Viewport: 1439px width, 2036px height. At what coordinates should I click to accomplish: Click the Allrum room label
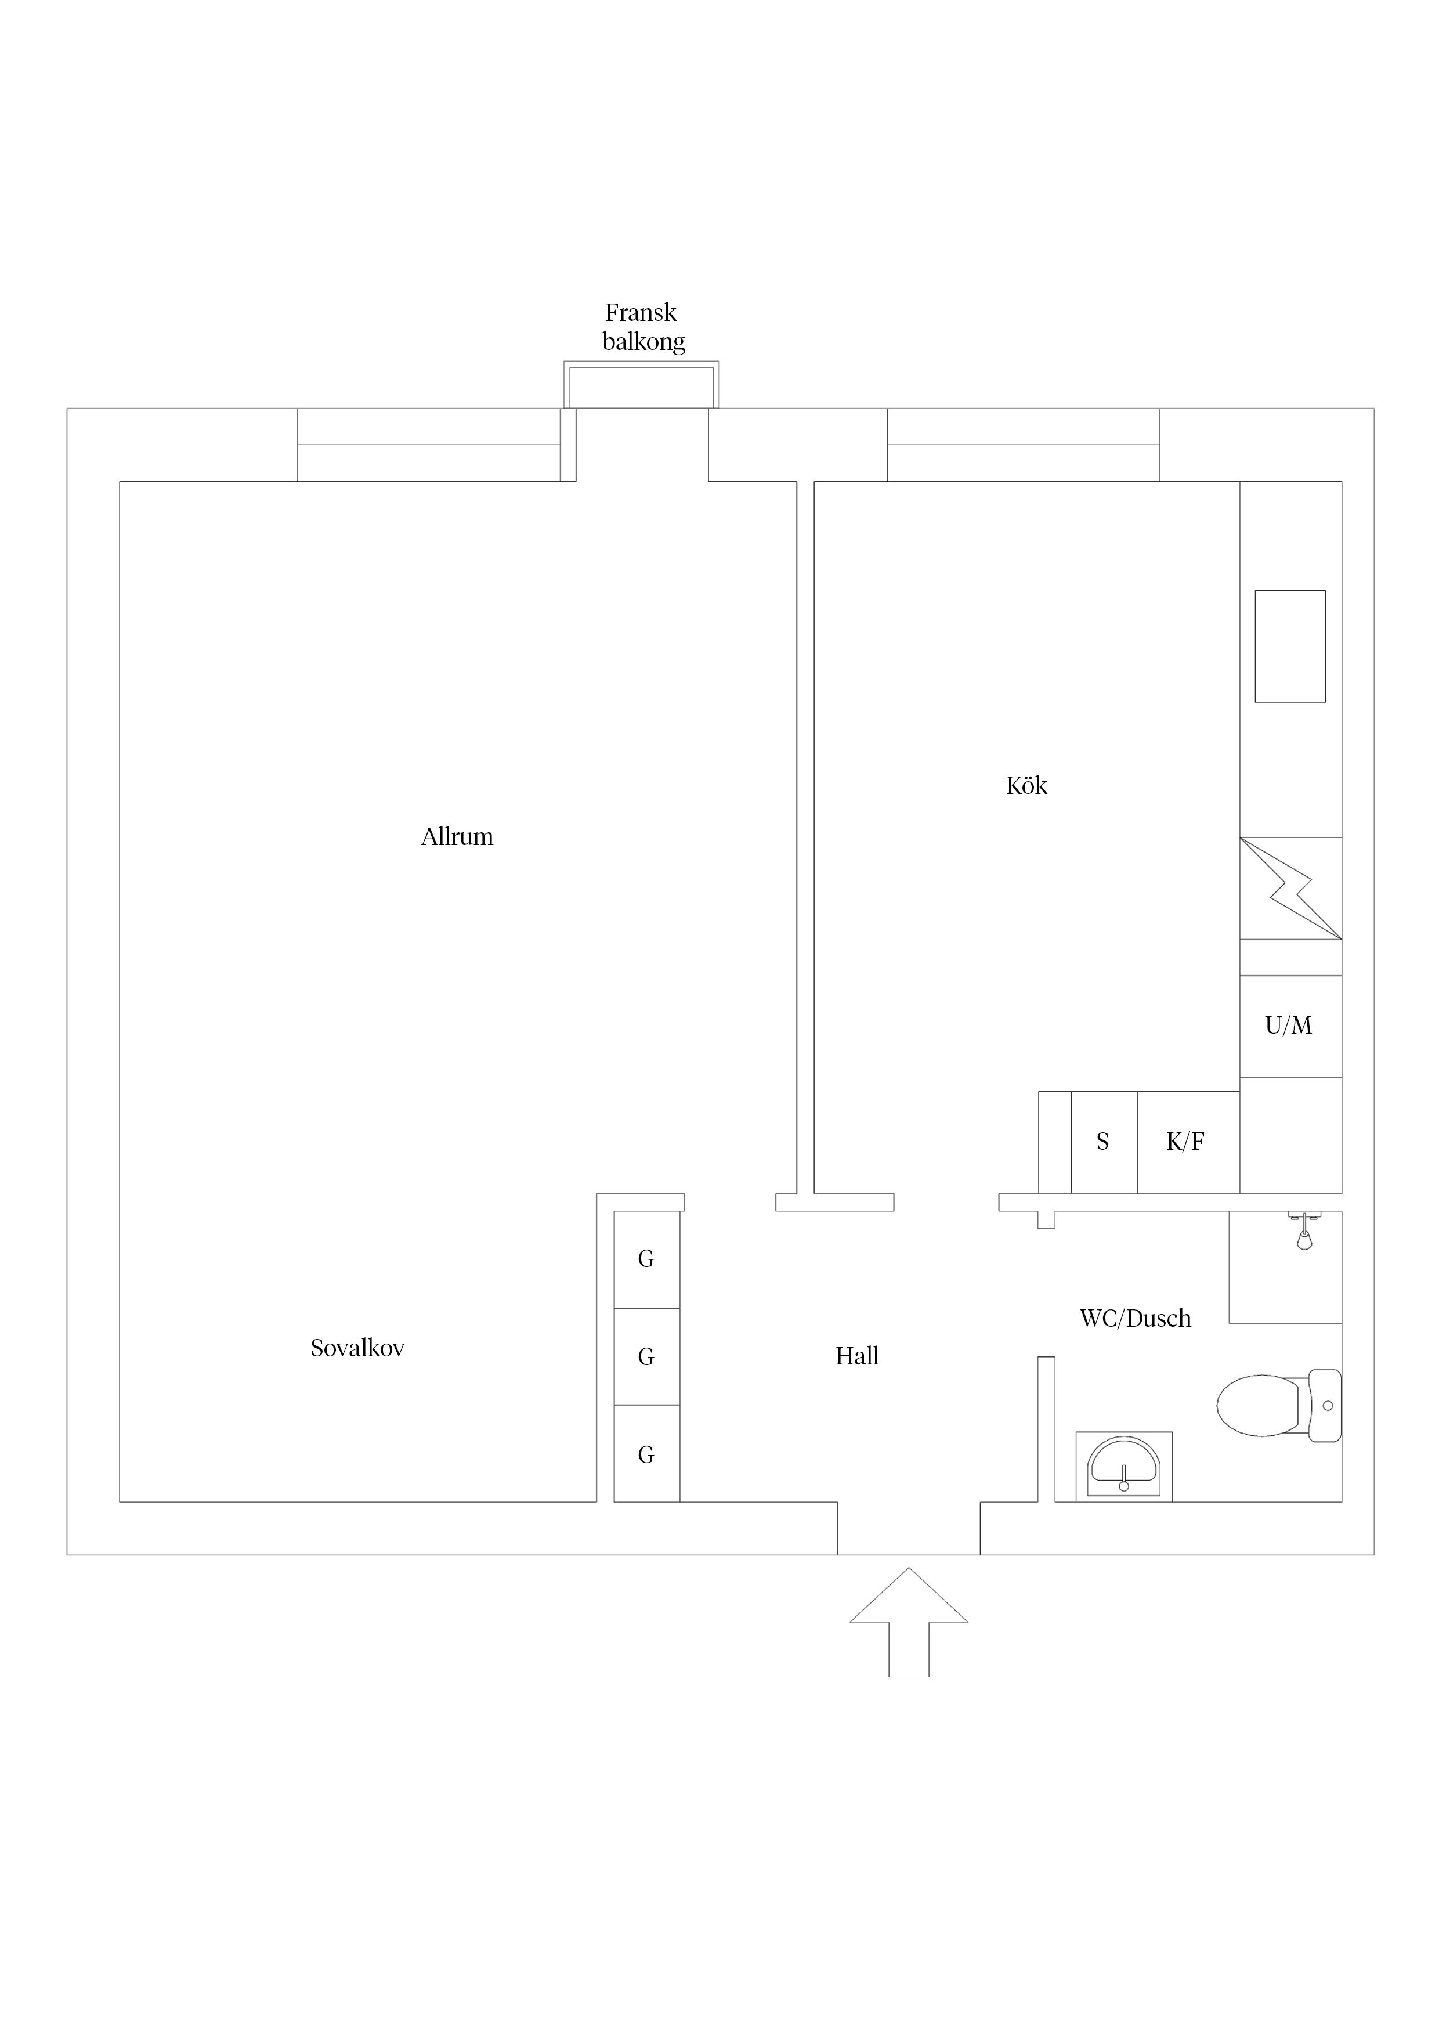point(457,836)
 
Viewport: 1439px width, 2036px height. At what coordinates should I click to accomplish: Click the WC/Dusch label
point(1135,1319)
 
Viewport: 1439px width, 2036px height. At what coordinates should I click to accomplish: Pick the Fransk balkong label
point(643,327)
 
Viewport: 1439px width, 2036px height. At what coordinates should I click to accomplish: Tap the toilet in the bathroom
point(1278,1406)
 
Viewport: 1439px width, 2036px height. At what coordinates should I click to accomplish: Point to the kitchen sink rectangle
point(1290,647)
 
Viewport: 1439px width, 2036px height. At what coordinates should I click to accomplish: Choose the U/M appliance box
point(1290,1026)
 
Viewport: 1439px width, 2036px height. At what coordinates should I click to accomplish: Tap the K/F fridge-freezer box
point(1188,1142)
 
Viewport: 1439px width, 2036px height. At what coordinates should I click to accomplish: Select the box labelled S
point(1104,1142)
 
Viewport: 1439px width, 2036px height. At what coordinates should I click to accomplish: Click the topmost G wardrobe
point(647,1259)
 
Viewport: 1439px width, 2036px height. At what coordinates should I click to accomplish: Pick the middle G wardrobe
point(647,1357)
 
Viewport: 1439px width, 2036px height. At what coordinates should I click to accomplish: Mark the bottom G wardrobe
point(647,1454)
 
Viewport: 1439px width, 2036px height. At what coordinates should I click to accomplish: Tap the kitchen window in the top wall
point(1023,445)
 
